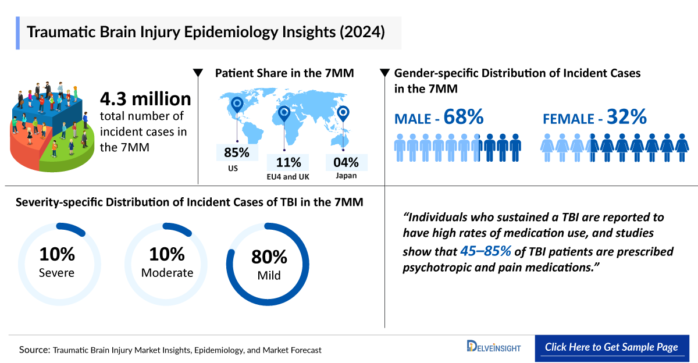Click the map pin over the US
(237, 105)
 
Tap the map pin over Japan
(343, 113)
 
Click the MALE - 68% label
(439, 118)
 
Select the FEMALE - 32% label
(594, 118)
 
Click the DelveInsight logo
(494, 347)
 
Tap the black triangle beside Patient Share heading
(198, 73)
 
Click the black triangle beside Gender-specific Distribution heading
(384, 73)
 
